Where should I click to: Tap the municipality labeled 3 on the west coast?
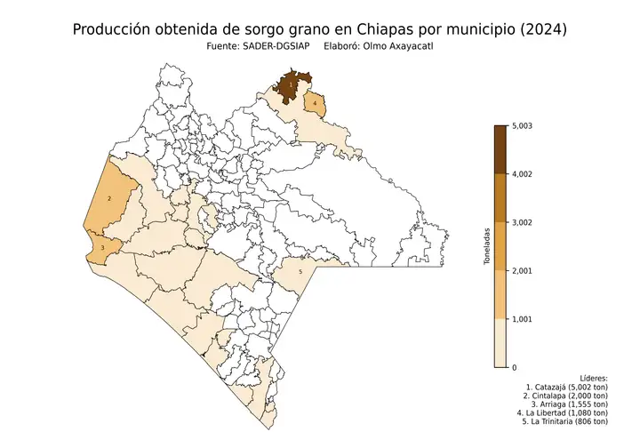(x=105, y=247)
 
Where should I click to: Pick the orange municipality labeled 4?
(x=315, y=105)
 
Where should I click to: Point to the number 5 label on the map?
(x=300, y=271)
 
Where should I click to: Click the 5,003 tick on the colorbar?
(x=526, y=125)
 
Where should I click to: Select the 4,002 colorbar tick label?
(x=526, y=174)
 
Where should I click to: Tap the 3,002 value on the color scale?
(x=526, y=222)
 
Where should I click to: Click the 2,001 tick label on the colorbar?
(x=526, y=270)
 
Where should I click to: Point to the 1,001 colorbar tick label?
(x=526, y=318)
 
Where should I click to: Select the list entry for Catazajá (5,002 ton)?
(x=567, y=388)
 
